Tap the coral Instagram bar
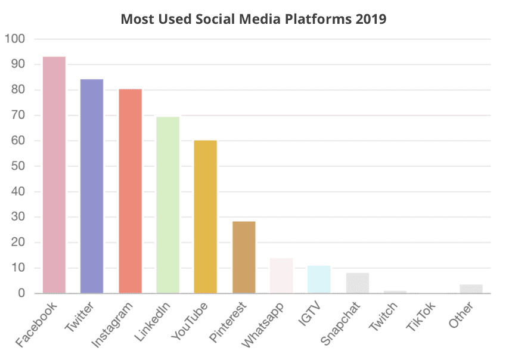(130, 191)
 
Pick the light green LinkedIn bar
(167, 205)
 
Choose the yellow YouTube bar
(206, 217)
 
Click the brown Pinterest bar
(244, 257)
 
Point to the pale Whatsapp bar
(281, 276)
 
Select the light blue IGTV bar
(319, 280)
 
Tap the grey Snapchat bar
(357, 283)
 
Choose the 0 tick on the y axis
(21, 293)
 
